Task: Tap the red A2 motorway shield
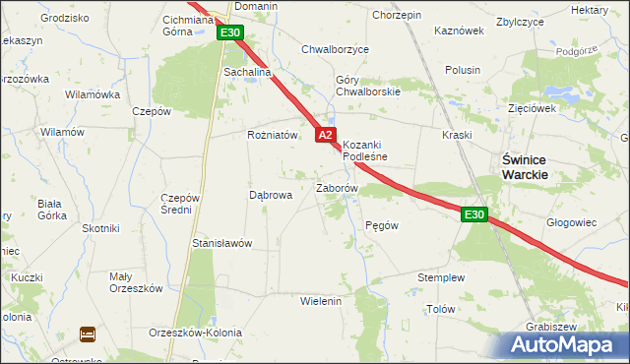point(327,134)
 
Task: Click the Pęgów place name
point(381,225)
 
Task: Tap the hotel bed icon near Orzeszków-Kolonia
point(87,334)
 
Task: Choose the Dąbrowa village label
point(271,195)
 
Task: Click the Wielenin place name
point(320,301)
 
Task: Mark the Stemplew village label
point(440,278)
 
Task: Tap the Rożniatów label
point(272,136)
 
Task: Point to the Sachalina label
point(247,73)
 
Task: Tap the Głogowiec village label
point(571,222)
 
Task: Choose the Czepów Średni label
point(181,203)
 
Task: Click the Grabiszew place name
point(551,326)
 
